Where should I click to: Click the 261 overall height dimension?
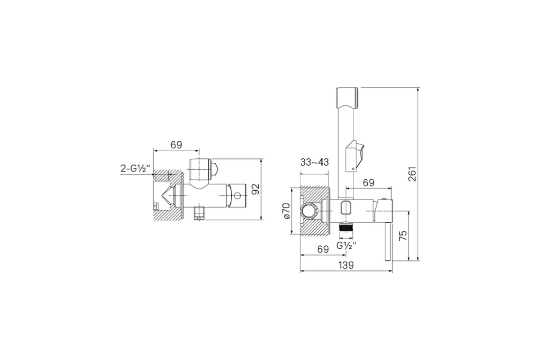click(x=413, y=174)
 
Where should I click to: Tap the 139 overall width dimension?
click(x=346, y=265)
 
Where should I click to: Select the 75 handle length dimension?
click(x=403, y=235)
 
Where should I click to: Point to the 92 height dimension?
click(x=256, y=189)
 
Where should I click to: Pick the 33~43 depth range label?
click(x=315, y=162)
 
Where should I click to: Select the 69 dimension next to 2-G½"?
click(x=176, y=145)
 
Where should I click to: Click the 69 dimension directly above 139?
click(x=323, y=249)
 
